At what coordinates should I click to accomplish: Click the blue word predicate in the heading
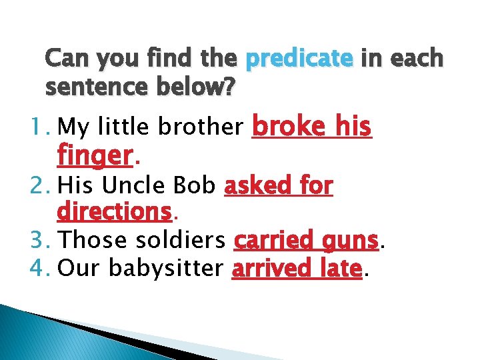(299, 60)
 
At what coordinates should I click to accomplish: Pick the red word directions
(115, 212)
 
